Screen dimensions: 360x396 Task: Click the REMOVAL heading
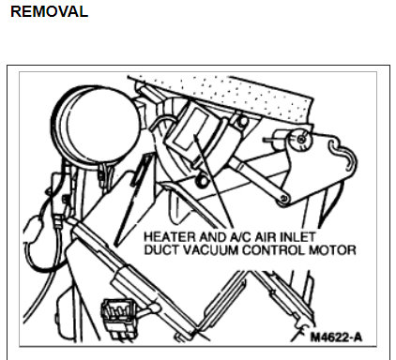(48, 12)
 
